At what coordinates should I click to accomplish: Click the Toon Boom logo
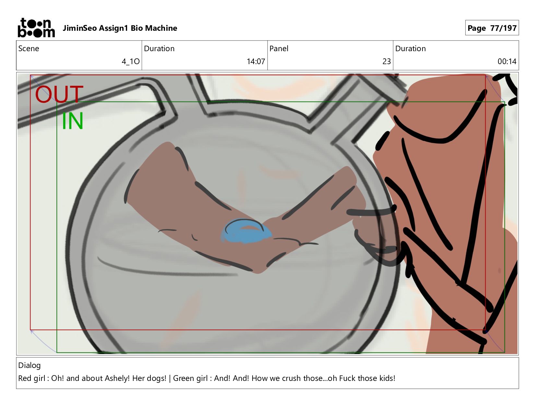pos(36,28)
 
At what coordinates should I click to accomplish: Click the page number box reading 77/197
pos(492,28)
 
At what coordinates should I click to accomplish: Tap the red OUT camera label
pos(59,94)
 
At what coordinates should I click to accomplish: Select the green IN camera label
pos(72,121)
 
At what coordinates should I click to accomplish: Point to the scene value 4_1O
pos(130,61)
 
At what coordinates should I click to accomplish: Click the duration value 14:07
pos(256,61)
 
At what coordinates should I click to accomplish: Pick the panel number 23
pos(386,61)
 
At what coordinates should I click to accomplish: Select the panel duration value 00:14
pos(507,61)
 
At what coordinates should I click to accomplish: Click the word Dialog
pos(29,365)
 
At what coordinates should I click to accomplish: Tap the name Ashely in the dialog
pos(117,378)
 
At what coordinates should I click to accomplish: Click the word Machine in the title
pos(161,28)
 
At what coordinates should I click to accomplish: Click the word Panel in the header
pos(279,49)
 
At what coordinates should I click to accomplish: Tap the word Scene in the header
pos(29,49)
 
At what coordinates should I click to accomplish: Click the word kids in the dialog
pos(386,378)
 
